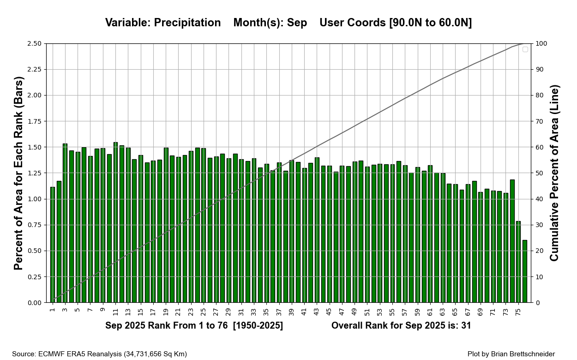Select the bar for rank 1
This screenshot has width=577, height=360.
click(53, 245)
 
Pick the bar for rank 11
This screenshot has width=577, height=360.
click(115, 222)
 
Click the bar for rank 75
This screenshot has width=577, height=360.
click(518, 262)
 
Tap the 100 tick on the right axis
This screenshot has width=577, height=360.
click(541, 44)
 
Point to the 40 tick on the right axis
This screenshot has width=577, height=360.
click(539, 199)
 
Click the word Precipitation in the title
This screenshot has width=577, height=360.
click(187, 23)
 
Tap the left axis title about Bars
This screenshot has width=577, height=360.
click(18, 173)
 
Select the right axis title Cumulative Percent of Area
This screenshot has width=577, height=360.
click(554, 173)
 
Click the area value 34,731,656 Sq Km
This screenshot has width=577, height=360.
click(155, 354)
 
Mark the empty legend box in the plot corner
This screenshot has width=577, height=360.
click(525, 49)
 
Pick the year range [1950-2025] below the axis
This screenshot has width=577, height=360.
click(258, 325)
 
